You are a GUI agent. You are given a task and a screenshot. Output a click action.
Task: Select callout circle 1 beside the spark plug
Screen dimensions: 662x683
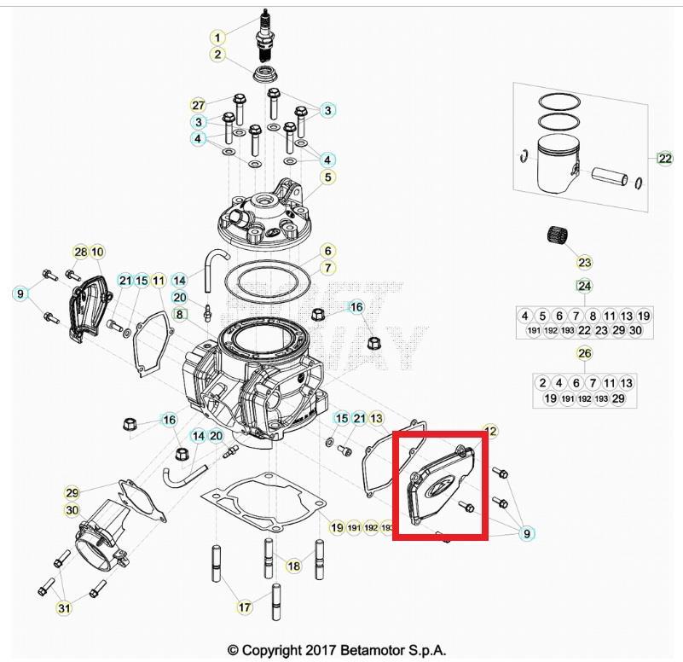coord(218,38)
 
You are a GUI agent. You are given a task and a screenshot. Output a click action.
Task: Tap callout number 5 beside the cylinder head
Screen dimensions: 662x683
coord(327,177)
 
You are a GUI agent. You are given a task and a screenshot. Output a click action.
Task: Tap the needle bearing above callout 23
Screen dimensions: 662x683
coord(559,235)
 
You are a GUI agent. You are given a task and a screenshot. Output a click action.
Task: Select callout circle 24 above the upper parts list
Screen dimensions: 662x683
coord(584,286)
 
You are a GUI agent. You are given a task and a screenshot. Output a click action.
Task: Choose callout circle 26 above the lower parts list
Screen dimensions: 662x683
coord(584,353)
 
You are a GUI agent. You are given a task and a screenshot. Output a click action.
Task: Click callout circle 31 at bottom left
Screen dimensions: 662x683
coord(64,608)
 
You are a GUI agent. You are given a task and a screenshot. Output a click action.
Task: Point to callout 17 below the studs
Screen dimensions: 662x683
coord(245,608)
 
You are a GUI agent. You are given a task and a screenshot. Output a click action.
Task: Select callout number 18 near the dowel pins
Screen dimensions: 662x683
coord(293,566)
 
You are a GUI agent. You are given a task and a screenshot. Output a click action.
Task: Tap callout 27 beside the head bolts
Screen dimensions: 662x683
coord(198,105)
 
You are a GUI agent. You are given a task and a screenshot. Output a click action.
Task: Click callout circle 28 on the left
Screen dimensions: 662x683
coord(80,252)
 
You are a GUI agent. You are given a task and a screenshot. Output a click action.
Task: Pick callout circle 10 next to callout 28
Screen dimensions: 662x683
coord(97,252)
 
